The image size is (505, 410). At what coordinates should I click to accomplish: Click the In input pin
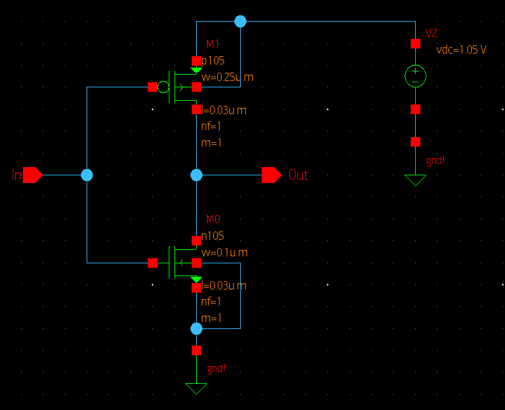[32, 175]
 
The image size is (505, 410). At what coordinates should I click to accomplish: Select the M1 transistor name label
[212, 44]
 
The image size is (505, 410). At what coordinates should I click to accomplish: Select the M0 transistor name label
[213, 220]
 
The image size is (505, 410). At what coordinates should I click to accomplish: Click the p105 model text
[213, 61]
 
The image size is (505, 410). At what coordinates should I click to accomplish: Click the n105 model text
[213, 236]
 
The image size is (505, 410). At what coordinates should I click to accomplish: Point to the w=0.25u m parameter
[227, 78]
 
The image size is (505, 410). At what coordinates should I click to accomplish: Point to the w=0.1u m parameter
[224, 253]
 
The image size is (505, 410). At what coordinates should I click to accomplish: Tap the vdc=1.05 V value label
[461, 50]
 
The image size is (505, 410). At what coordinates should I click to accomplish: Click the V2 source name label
[431, 33]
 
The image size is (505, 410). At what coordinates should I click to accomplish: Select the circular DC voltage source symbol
[415, 77]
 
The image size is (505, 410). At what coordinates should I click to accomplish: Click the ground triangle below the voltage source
[415, 180]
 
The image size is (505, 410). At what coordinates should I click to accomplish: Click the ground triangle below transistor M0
[196, 388]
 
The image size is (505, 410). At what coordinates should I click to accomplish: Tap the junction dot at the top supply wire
[240, 22]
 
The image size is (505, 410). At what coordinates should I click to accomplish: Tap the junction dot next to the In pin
[87, 175]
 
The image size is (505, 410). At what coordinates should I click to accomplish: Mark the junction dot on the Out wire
[196, 175]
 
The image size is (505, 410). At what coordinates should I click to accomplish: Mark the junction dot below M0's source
[196, 328]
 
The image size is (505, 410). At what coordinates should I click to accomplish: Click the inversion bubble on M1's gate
[164, 87]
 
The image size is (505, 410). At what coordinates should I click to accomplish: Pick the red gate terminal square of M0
[152, 263]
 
